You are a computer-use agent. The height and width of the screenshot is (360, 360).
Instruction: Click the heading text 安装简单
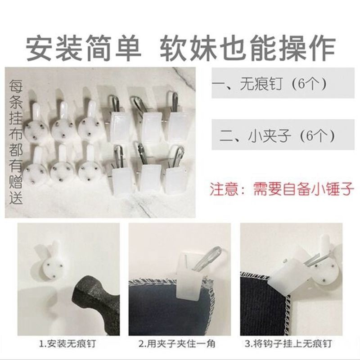(83, 48)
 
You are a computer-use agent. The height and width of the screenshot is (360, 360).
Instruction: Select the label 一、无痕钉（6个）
(269, 84)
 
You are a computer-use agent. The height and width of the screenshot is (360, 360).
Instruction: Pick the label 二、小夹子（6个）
(277, 136)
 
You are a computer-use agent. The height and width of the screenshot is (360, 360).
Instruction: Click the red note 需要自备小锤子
(303, 189)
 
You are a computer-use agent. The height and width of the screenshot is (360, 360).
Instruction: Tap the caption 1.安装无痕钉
(67, 344)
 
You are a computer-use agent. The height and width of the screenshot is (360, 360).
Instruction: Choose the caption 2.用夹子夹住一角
(177, 344)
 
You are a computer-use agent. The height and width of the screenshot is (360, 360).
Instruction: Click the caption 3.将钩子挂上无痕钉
(288, 344)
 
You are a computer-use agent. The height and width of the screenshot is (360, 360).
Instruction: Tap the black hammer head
(96, 306)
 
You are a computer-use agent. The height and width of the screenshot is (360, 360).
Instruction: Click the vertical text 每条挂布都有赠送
(16, 142)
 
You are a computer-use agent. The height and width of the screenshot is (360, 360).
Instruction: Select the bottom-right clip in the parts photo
(175, 175)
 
